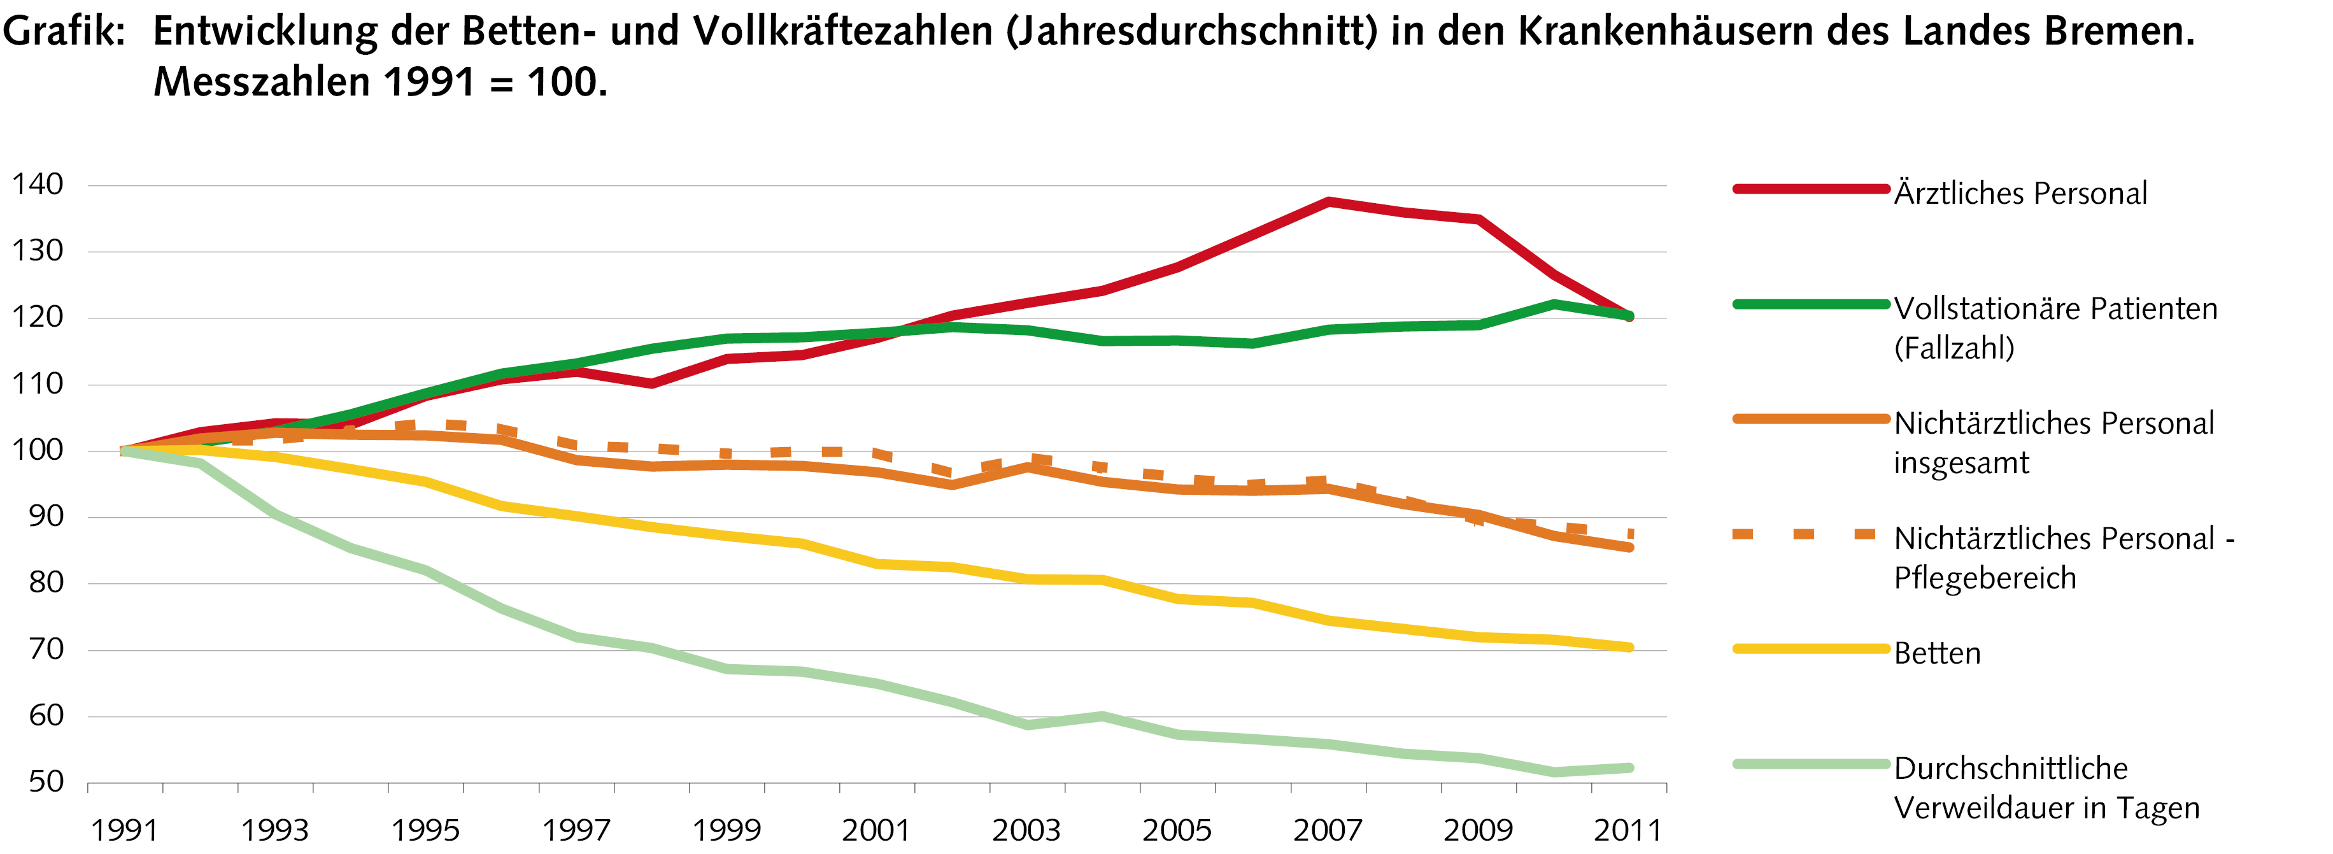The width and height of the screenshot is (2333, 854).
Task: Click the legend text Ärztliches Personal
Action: (2020, 193)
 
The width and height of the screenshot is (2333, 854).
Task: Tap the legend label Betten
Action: (1937, 653)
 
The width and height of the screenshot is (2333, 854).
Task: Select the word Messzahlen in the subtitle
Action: (262, 82)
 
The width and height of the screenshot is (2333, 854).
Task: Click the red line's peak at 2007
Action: (1328, 201)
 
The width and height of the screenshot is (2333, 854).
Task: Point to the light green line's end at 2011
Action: (1628, 768)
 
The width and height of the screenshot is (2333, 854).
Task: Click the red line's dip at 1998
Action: (651, 384)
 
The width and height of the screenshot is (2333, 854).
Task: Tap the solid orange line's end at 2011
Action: (1628, 548)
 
